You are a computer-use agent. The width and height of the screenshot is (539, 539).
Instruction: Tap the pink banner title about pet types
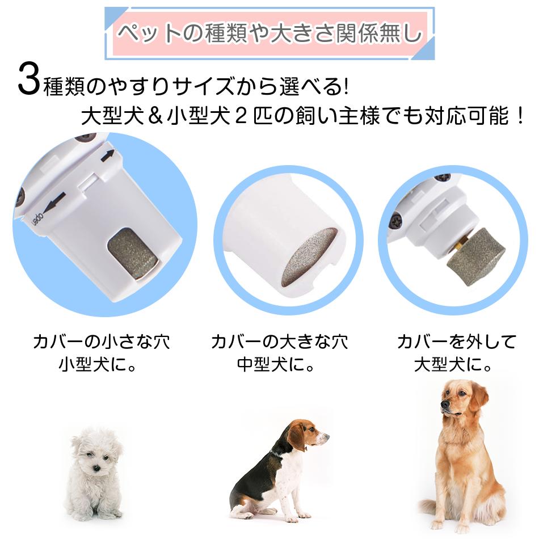click(270, 33)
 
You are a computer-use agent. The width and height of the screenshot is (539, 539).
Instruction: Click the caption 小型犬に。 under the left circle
click(98, 365)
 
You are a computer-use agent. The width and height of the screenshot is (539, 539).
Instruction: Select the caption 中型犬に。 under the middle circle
click(276, 365)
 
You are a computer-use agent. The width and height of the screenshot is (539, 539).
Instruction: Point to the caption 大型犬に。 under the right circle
click(453, 365)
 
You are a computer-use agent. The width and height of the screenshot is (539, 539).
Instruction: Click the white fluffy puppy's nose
click(97, 468)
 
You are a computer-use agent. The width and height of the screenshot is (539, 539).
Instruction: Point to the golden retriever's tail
click(430, 509)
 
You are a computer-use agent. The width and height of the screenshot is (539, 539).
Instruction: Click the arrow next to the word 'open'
click(54, 202)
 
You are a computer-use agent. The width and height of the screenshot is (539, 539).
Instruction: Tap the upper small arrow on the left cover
click(107, 155)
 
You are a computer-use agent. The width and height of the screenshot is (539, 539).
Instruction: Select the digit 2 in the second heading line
click(241, 116)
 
